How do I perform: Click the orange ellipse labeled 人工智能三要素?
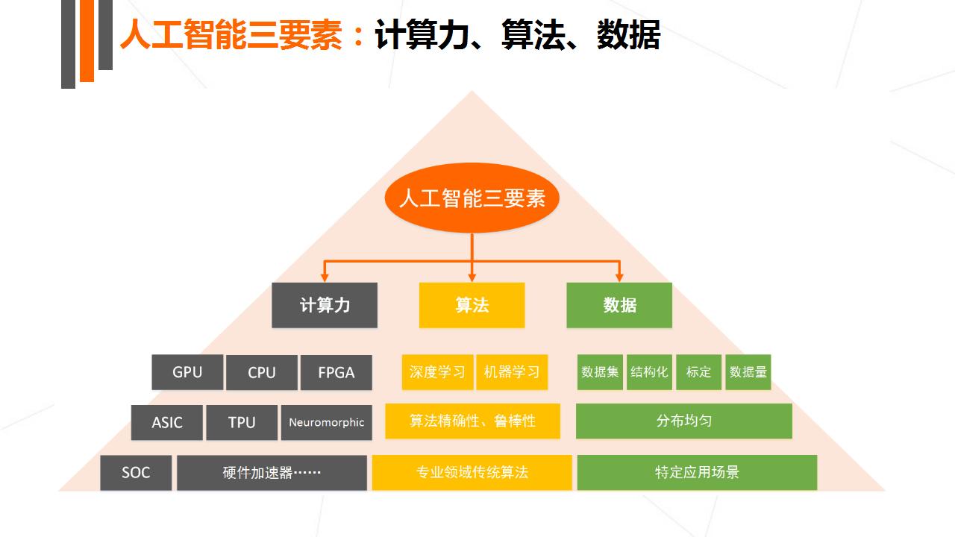[x=472, y=198]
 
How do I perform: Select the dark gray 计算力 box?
[x=325, y=305]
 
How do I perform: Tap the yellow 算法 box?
[x=472, y=305]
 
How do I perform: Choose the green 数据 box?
[x=619, y=305]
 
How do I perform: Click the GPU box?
[x=187, y=372]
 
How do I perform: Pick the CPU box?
[x=262, y=372]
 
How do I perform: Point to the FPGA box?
[x=336, y=372]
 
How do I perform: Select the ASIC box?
[x=166, y=422]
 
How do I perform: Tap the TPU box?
[x=242, y=422]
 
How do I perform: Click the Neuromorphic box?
[x=327, y=422]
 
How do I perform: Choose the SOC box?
[x=136, y=472]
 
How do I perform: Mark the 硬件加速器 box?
[x=272, y=472]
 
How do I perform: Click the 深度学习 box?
[x=437, y=372]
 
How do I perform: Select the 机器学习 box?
[x=512, y=372]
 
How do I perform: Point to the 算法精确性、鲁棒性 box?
[x=472, y=421]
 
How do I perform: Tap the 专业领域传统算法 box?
[x=472, y=472]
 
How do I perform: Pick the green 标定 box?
[x=698, y=372]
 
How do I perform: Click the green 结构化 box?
[x=649, y=372]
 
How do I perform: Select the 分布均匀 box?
[x=684, y=421]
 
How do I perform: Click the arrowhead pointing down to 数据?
[x=619, y=277]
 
